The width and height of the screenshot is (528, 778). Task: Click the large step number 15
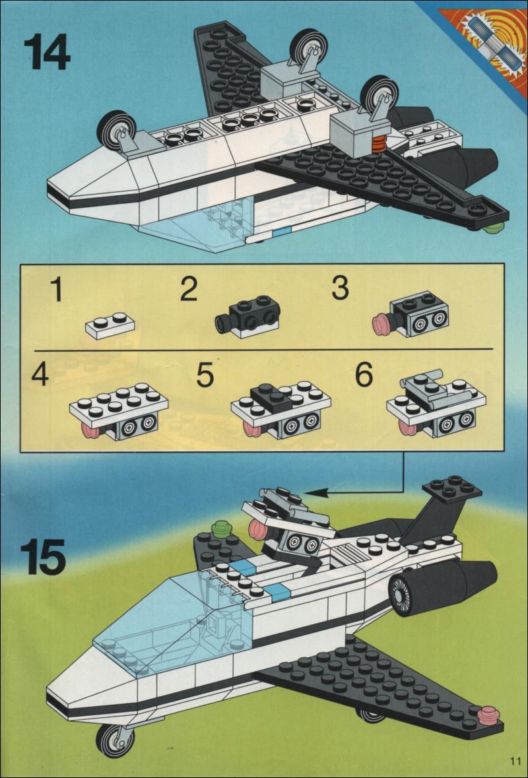[x=44, y=556]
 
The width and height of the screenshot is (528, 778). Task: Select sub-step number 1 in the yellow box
[x=57, y=290]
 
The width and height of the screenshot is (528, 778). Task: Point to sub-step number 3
[x=339, y=288]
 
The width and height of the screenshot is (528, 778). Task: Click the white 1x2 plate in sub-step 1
[x=110, y=325]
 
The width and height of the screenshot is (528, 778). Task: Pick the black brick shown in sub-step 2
[x=246, y=316]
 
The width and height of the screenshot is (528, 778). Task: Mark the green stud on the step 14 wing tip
[x=493, y=228]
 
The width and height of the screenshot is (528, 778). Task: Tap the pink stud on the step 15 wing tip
[x=488, y=715]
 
